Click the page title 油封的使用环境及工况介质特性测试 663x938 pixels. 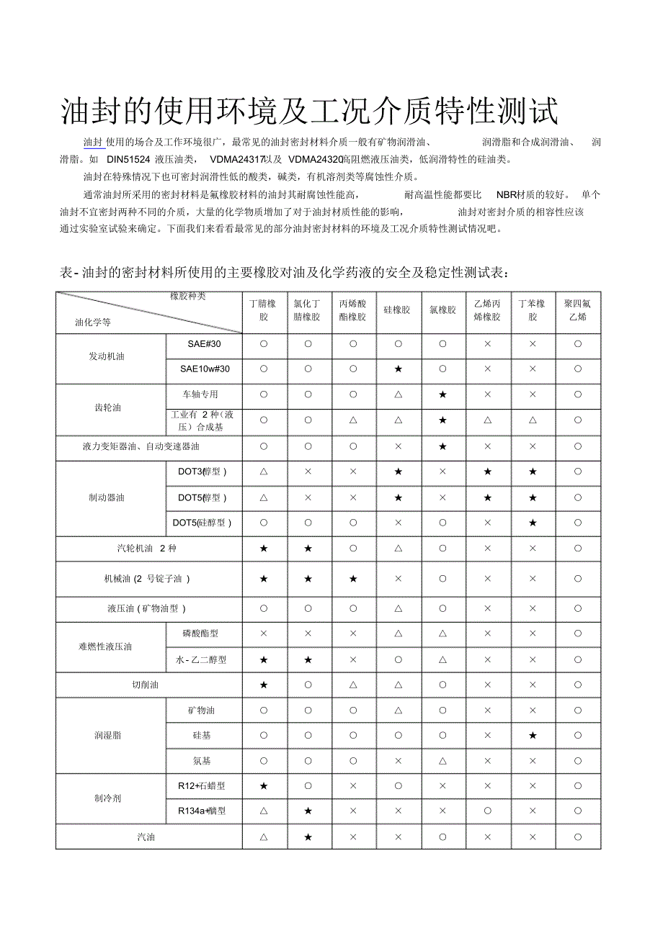coord(309,111)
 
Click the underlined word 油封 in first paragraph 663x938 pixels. coord(93,142)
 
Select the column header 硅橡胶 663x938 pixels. coord(397,310)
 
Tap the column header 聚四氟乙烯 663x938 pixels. coord(577,310)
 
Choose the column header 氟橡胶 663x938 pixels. coord(442,310)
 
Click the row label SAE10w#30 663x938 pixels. coord(205,369)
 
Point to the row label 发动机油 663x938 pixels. coord(107,357)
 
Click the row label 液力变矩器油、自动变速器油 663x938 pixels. coord(141,446)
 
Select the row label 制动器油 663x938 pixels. coord(107,497)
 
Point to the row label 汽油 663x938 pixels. coord(146,837)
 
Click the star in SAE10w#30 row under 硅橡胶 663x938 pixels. coord(398,369)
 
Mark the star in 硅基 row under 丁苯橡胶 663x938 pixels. coord(533,736)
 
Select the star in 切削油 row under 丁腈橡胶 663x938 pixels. coord(264,685)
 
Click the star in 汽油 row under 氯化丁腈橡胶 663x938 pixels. coord(308,837)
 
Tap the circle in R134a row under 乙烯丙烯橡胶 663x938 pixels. coord(488,811)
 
